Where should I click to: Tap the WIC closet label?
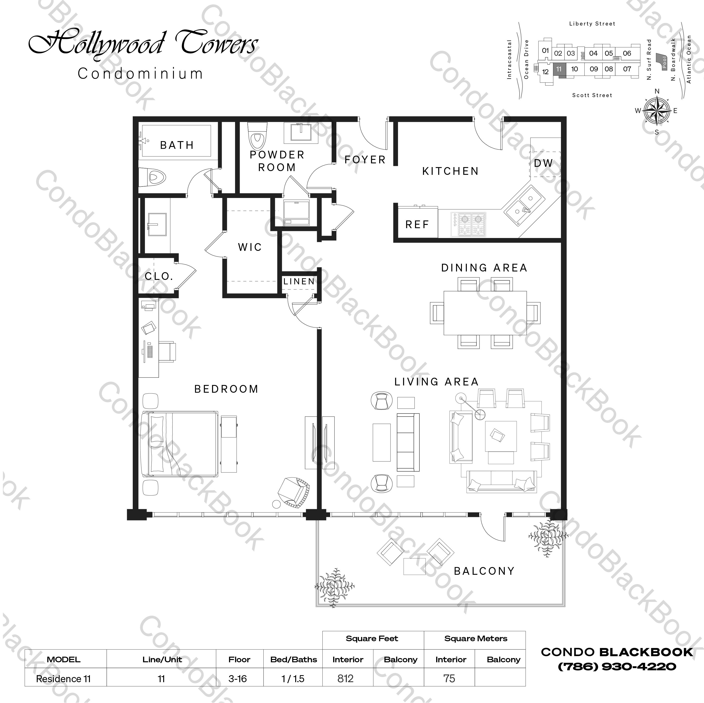pyautogui.click(x=250, y=247)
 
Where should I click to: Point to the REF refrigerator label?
pyautogui.click(x=417, y=225)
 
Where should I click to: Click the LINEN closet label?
pyautogui.click(x=299, y=281)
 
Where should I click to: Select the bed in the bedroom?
pyautogui.click(x=180, y=444)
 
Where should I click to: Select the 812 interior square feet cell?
pyautogui.click(x=345, y=679)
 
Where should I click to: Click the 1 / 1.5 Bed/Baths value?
pyautogui.click(x=293, y=679)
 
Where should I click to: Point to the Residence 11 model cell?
pyautogui.click(x=63, y=679)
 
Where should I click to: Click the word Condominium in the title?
pyautogui.click(x=140, y=73)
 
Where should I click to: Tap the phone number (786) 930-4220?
pyautogui.click(x=617, y=666)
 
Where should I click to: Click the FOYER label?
pyautogui.click(x=365, y=160)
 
